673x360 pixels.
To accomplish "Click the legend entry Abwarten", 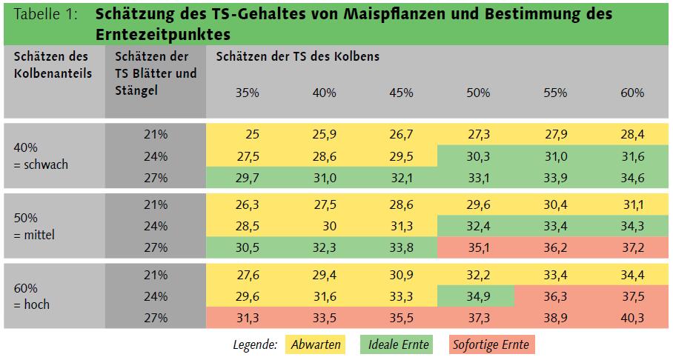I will [316, 344].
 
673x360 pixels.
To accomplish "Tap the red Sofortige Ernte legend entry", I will [491, 344].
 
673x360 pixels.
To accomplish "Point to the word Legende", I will [255, 344].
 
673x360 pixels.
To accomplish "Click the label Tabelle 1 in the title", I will [46, 15].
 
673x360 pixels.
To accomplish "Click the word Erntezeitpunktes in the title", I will [163, 34].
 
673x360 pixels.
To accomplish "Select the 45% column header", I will [401, 93].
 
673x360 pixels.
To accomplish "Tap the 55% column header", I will [555, 93].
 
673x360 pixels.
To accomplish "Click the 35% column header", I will [247, 93].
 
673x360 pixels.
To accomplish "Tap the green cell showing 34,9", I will [478, 297].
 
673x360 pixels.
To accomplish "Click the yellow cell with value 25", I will [252, 135].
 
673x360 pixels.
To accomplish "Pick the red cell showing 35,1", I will [478, 248].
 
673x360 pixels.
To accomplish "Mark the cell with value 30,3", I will [478, 156].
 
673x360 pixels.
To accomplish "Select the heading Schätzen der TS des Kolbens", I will [298, 56].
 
